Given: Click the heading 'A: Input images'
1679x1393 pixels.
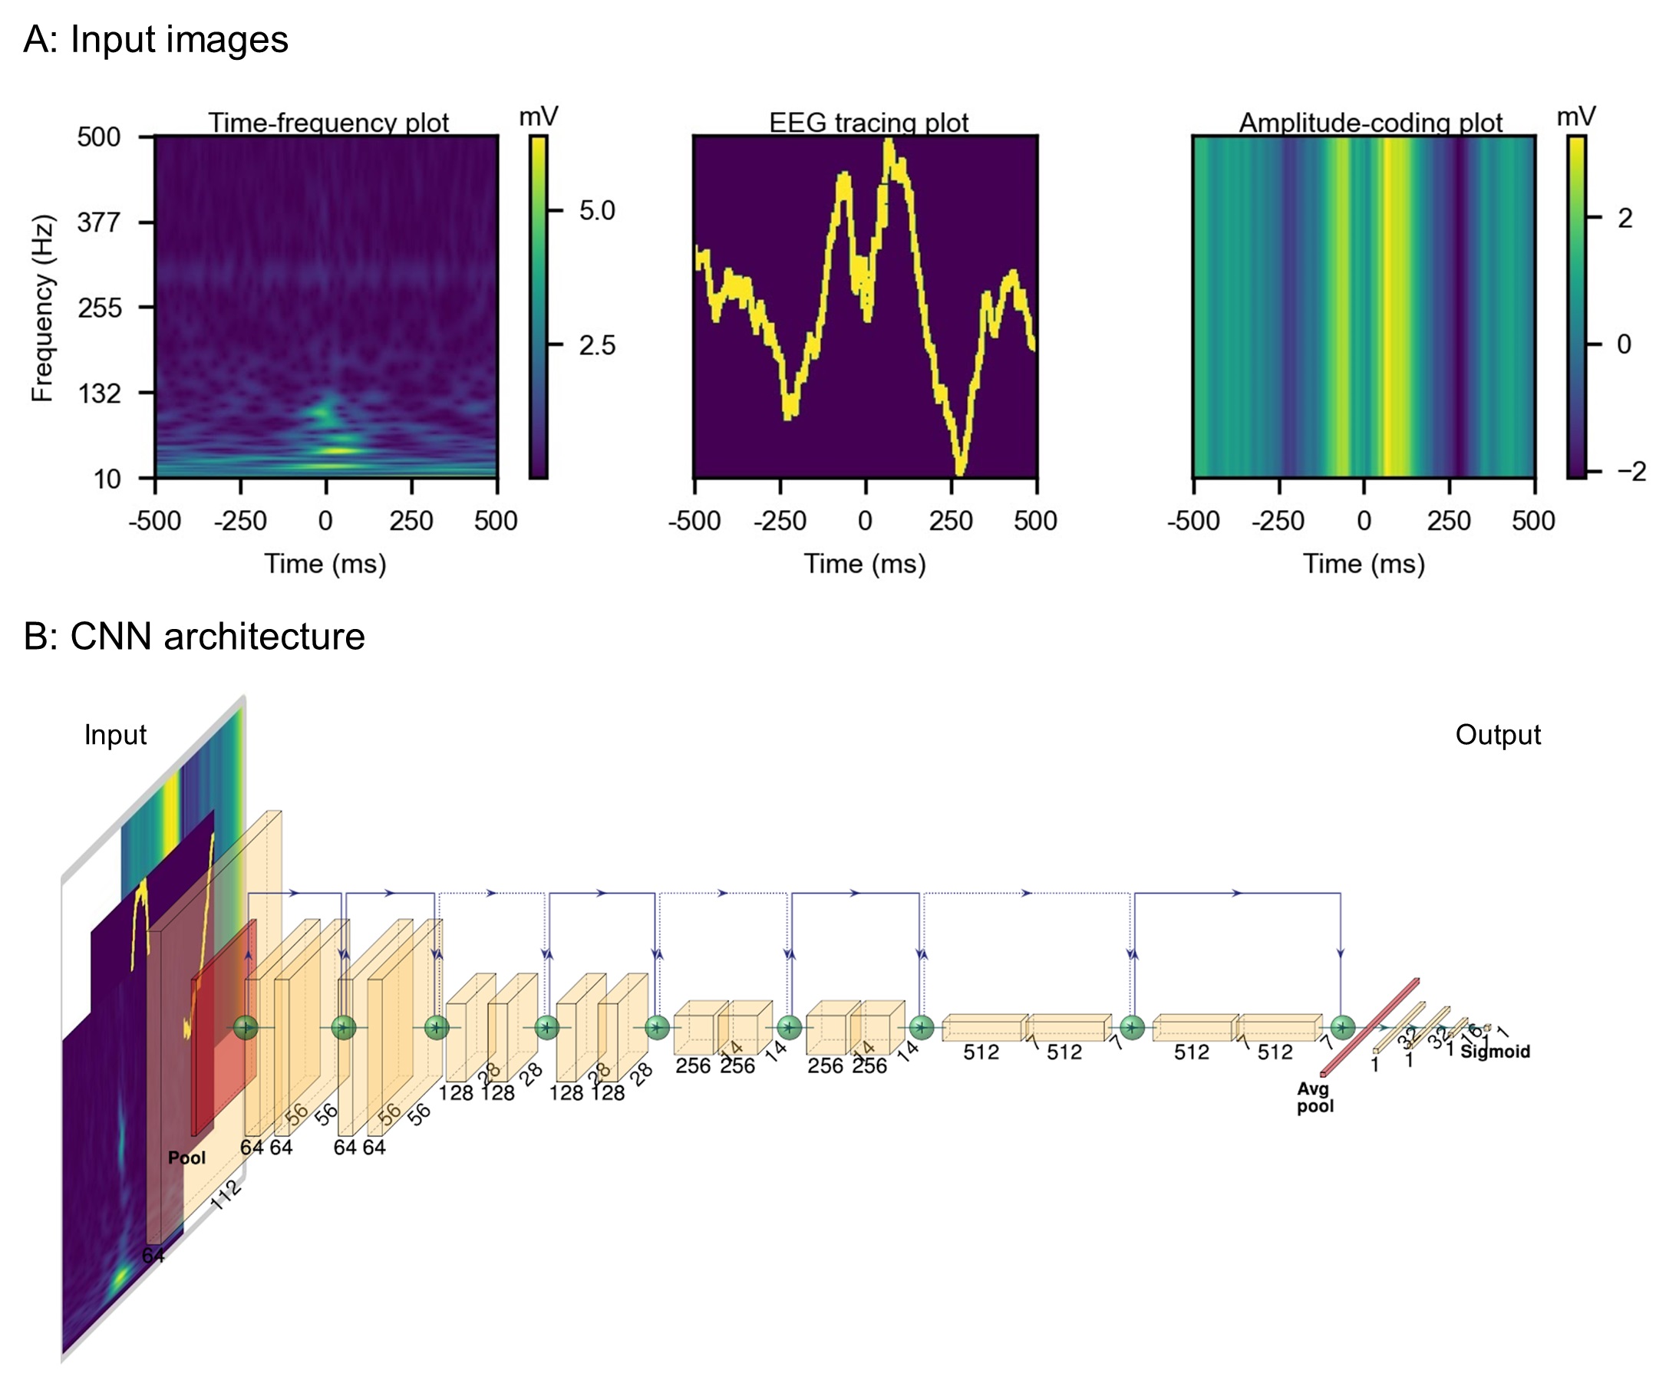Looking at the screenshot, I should coord(155,39).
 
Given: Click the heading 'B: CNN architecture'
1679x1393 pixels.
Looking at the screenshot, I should coord(193,636).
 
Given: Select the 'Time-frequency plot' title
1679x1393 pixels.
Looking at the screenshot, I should coord(328,122).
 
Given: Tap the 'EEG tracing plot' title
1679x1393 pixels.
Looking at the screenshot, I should coord(869,122).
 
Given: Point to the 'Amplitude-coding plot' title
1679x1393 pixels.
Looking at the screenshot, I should coord(1371,122).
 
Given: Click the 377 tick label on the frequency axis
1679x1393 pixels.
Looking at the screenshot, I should coord(98,222).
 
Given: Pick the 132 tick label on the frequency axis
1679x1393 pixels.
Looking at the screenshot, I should coord(98,394).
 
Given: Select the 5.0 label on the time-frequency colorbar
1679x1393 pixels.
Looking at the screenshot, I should coord(596,210).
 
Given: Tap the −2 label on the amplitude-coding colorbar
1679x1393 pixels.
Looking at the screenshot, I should coord(1631,471).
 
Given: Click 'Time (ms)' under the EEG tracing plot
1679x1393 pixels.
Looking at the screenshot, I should coord(864,564).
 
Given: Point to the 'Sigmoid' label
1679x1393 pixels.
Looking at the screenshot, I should coord(1494,1051).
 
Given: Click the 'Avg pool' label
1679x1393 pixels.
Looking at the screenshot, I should coord(1315,1098).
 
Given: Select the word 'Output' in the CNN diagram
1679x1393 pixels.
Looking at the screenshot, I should coord(1497,734).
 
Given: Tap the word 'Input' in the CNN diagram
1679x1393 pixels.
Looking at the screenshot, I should coord(115,734).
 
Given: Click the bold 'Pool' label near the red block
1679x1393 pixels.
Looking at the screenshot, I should coord(186,1158).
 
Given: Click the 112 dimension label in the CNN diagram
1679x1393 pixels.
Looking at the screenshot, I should coord(226,1195).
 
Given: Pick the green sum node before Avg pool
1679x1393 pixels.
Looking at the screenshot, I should coord(1342,1027).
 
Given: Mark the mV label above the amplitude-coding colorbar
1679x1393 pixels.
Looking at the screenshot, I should coord(1576,117).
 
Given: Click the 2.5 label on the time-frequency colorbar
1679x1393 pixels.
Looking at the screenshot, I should coord(596,345).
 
